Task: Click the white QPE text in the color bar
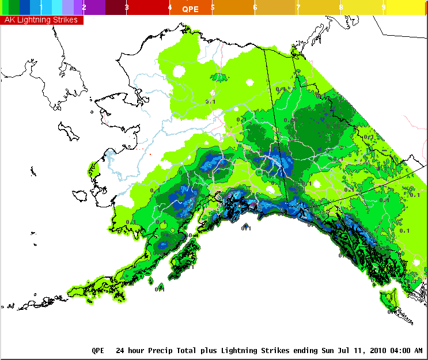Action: (190, 9)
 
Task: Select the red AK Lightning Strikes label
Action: (42, 20)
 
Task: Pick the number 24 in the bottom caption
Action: (120, 350)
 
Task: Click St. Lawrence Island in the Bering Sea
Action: (72, 132)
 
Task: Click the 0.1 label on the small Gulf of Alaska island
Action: (246, 228)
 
